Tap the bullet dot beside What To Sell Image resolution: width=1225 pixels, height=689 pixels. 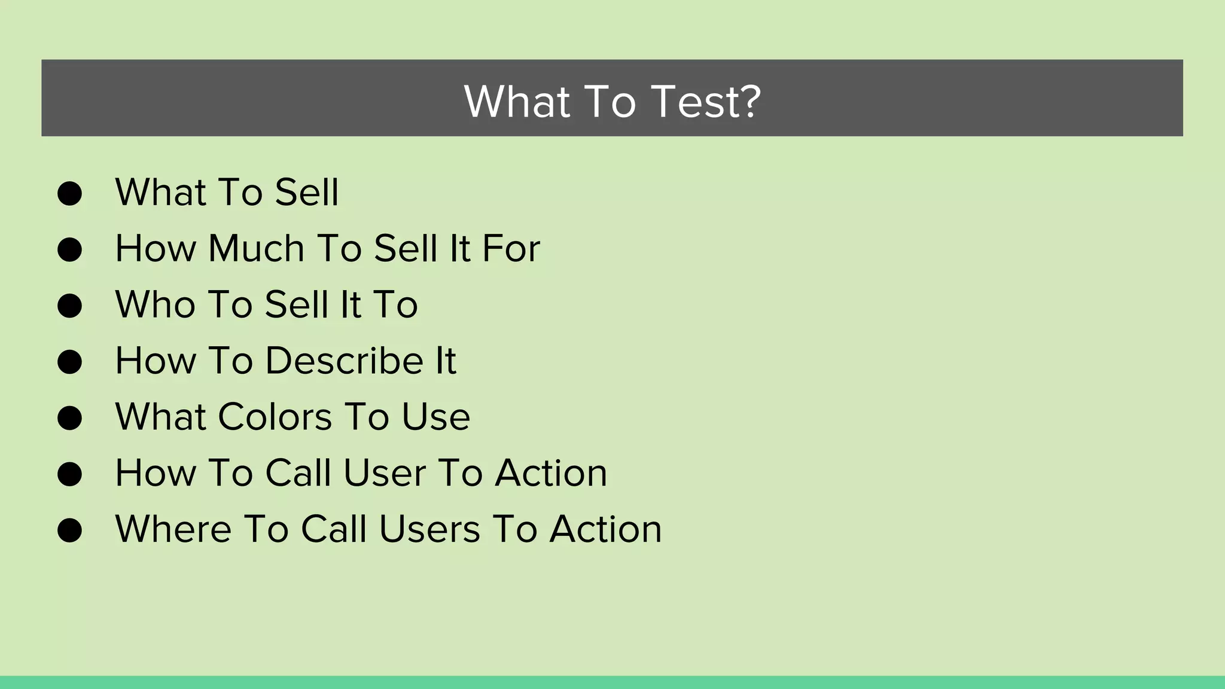(x=69, y=193)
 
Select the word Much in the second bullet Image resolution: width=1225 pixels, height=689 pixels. (x=256, y=248)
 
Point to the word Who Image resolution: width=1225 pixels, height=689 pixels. (x=155, y=304)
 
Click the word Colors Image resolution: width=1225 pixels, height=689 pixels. (x=275, y=417)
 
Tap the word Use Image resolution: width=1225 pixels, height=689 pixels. (x=435, y=417)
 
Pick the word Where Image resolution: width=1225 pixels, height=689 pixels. (x=173, y=529)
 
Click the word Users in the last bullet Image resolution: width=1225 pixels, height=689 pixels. (x=429, y=529)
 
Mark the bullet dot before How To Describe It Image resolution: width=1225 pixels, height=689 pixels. (x=69, y=362)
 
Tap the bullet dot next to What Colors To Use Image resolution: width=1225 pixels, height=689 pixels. (x=69, y=418)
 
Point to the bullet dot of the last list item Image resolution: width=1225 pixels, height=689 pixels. (x=69, y=531)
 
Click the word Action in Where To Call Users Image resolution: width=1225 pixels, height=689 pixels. (x=605, y=529)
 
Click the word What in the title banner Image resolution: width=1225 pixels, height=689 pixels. (x=517, y=101)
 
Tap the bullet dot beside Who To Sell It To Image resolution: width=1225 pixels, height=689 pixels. (x=69, y=306)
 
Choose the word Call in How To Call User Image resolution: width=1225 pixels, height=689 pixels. (x=298, y=473)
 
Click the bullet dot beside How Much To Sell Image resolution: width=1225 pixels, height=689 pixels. (x=69, y=249)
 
